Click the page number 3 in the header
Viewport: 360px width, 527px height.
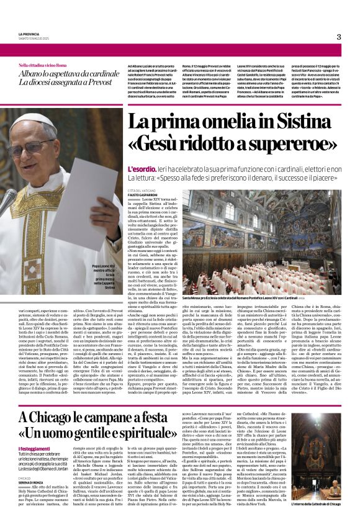coord(338,37)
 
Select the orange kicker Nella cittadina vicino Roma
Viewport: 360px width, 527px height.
coord(42,65)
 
